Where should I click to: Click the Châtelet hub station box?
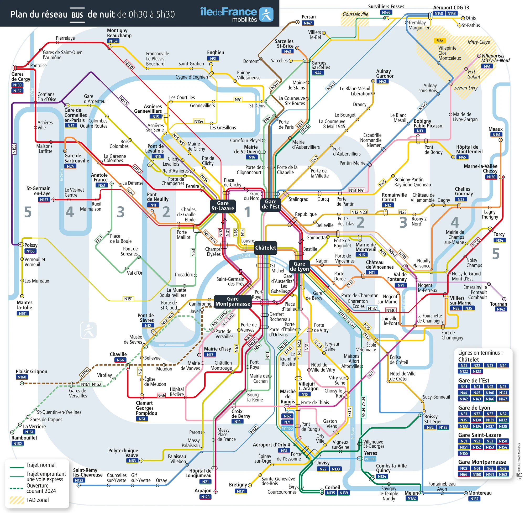(x=265, y=248)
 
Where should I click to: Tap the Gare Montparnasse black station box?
(x=233, y=301)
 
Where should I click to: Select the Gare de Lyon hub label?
(x=299, y=266)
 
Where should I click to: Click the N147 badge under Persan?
(x=308, y=23)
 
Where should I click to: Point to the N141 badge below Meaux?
(x=496, y=135)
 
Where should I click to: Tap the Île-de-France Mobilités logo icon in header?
(x=266, y=14)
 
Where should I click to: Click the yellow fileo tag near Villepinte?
(x=440, y=41)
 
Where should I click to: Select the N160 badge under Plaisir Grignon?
(x=22, y=377)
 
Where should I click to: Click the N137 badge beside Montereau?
(x=474, y=499)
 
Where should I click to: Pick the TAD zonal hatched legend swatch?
(x=17, y=500)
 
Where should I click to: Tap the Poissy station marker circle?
(x=21, y=245)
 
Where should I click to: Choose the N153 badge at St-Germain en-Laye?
(x=44, y=200)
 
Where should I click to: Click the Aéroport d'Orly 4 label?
(x=271, y=444)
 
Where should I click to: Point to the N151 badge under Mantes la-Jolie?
(x=23, y=313)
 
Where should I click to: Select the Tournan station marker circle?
(x=504, y=299)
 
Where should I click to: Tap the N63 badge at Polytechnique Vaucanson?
(x=132, y=461)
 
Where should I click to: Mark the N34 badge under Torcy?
(x=500, y=240)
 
